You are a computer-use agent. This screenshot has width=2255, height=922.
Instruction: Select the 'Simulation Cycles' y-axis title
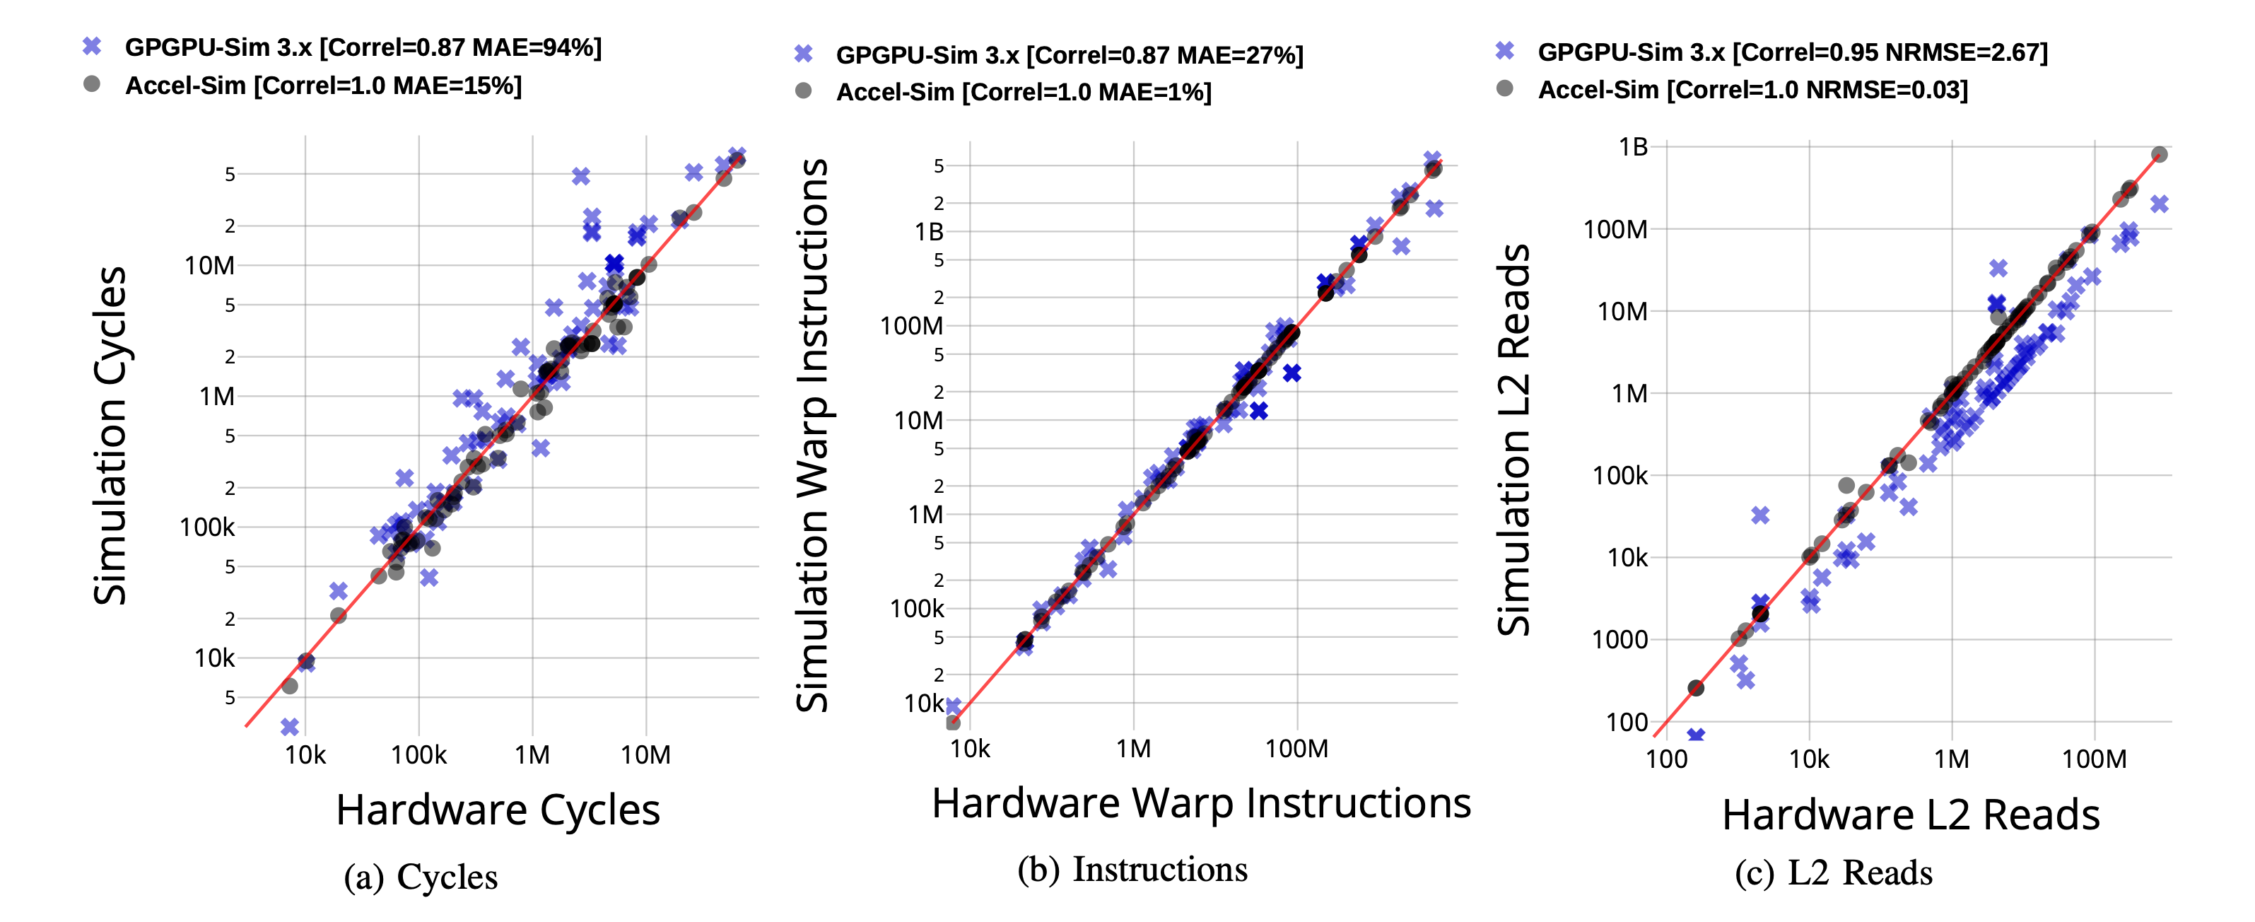pos(110,435)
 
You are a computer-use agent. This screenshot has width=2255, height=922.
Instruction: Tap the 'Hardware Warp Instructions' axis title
pos(1201,803)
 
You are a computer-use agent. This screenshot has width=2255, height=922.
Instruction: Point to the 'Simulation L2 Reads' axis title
pos(1513,440)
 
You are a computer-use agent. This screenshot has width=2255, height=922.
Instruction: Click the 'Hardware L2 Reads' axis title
pos(1910,815)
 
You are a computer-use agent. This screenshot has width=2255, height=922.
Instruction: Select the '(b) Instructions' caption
pos(1132,870)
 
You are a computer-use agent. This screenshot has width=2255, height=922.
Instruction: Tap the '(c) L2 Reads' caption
pos(1833,873)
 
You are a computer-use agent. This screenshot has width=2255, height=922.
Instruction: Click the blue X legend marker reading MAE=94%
pos(92,47)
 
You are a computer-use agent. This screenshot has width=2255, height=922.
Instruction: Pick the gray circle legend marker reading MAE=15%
pos(92,84)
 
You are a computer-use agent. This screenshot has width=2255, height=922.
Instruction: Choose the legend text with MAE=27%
pos(1069,55)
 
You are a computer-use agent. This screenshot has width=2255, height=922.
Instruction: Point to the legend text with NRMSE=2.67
pos(1792,52)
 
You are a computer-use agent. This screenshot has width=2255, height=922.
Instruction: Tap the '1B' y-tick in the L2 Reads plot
pos(1633,146)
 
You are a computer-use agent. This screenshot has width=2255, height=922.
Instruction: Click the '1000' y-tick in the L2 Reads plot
pos(1619,639)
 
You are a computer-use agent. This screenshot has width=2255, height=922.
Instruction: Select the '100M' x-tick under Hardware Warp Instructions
pos(1296,749)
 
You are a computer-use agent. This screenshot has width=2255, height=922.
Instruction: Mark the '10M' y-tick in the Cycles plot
pos(209,265)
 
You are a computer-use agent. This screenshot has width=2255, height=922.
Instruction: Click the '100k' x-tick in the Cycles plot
pos(418,754)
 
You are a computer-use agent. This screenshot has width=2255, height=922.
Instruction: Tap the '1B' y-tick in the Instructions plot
pos(929,232)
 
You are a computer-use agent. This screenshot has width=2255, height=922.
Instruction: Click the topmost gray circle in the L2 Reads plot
pos(2160,154)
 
